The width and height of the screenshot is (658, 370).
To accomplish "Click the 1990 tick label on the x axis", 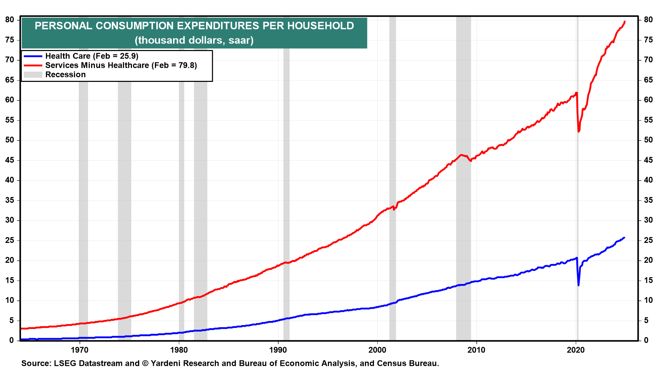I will [x=278, y=350].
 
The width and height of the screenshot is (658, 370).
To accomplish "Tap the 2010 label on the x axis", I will [x=476, y=350].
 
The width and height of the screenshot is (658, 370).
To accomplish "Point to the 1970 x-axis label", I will [x=80, y=350].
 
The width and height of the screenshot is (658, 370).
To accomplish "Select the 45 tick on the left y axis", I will [x=10, y=160].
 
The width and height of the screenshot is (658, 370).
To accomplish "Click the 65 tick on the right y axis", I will [x=648, y=80].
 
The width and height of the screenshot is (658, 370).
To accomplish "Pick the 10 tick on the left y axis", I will [x=10, y=300].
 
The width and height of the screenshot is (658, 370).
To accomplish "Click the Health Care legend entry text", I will [x=92, y=56].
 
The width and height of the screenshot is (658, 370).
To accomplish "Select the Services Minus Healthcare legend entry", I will [x=121, y=65].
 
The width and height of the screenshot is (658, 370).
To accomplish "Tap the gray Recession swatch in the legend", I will [x=33, y=75].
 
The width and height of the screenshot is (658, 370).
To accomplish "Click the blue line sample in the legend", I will [x=33, y=56].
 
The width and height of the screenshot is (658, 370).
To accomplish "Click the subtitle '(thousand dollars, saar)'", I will [x=194, y=40].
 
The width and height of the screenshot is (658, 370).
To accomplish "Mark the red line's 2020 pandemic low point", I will [x=578, y=131].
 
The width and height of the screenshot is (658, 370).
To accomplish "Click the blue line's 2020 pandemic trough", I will [x=578, y=285].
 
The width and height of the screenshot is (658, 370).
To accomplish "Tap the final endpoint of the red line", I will [x=625, y=22].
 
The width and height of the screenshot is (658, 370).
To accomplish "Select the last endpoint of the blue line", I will [x=624, y=237].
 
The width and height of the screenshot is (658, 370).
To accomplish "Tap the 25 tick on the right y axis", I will [x=648, y=241].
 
